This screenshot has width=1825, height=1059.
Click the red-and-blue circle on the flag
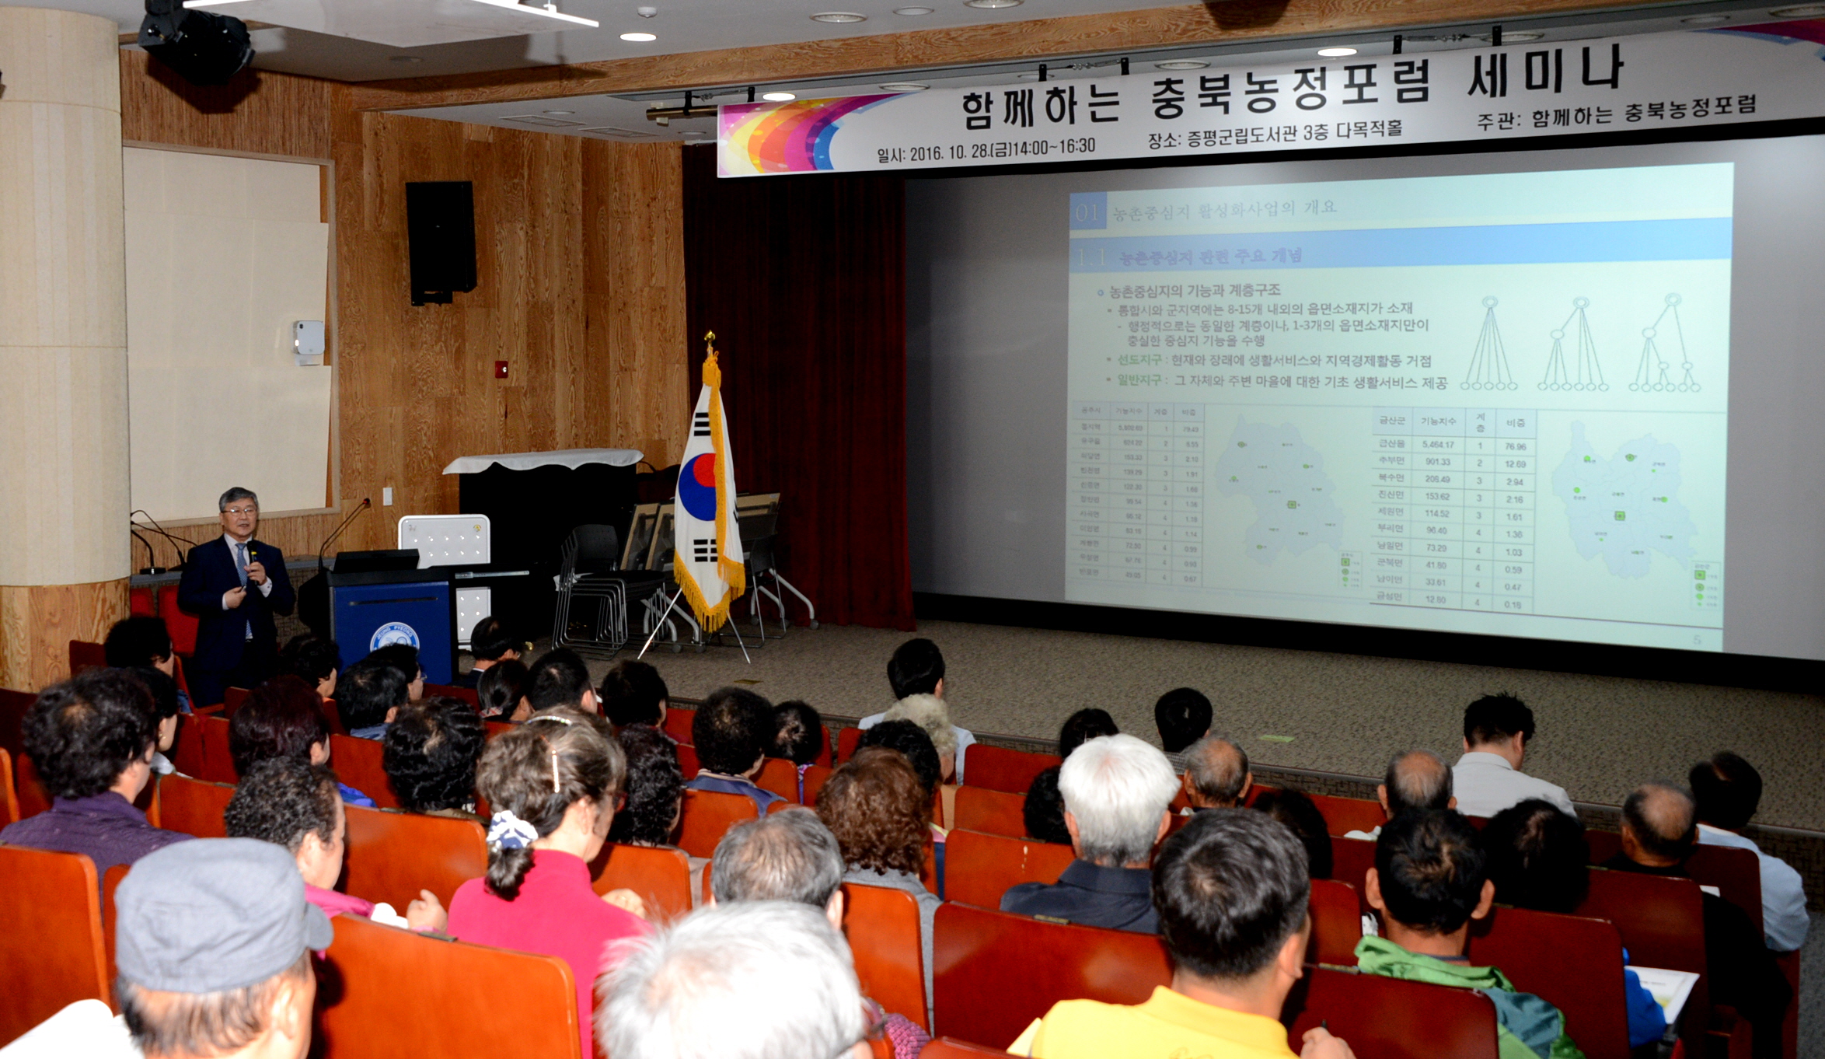click(x=697, y=487)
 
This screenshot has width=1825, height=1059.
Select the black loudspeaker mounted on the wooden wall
click(x=441, y=242)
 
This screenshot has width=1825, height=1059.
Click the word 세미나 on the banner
click(x=1544, y=71)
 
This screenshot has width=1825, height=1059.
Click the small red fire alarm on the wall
click(x=503, y=369)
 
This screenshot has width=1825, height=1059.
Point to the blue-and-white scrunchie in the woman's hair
click(x=511, y=831)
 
